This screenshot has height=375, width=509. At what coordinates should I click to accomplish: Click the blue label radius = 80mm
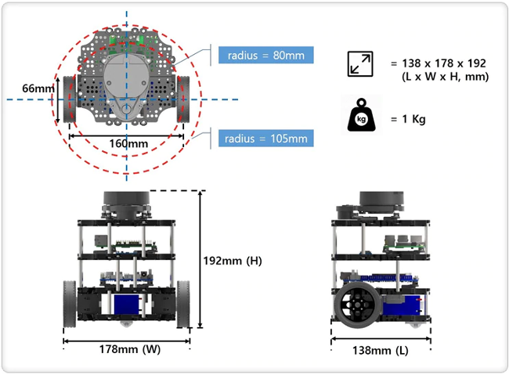pos(266,55)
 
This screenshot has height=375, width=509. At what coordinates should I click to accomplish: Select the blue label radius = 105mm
pos(266,139)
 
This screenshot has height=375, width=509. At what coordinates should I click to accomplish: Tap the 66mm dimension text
pos(38,88)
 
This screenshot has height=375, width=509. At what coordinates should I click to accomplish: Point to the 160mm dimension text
pos(128,143)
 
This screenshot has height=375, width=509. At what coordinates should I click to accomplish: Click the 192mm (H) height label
pos(233,261)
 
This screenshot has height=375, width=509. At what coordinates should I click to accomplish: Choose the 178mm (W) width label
pos(130,349)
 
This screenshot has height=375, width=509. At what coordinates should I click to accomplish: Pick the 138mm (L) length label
pos(381,350)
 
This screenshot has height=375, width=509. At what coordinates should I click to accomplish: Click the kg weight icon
pos(361,115)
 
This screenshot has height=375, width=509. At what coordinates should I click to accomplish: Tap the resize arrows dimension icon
pos(360,64)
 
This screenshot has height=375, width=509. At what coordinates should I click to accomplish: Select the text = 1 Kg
pos(408,119)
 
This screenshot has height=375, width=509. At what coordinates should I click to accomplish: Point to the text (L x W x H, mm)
pos(445,77)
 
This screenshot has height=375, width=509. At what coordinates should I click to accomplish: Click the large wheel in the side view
pos(357,305)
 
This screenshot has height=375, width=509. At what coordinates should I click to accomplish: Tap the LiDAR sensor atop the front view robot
pos(126,204)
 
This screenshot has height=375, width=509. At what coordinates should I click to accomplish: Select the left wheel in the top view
pos(70,99)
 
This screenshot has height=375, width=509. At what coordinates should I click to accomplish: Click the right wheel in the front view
pos(183,305)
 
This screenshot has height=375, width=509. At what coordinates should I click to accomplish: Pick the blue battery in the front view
pos(127,305)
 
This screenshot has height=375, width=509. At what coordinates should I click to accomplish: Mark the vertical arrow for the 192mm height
pos(200,259)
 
